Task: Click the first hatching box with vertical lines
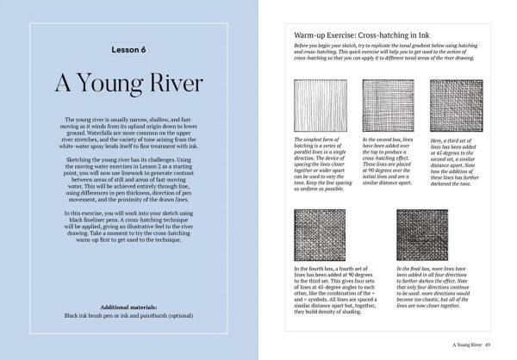[x=320, y=105]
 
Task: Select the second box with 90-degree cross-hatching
[x=389, y=105]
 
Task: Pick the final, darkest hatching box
[x=424, y=234]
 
